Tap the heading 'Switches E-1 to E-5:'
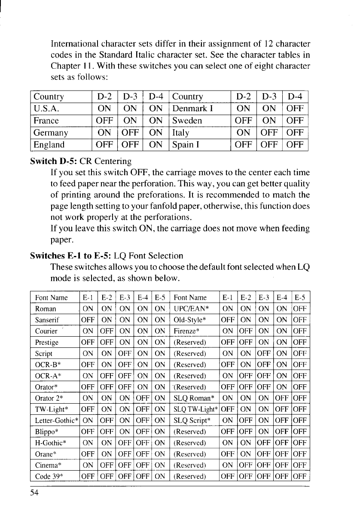pos(69,256)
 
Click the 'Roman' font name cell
pos(43,308)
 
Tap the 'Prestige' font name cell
pos(46,343)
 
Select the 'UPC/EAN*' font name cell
pos(190,308)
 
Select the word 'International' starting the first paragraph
pos(75,44)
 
